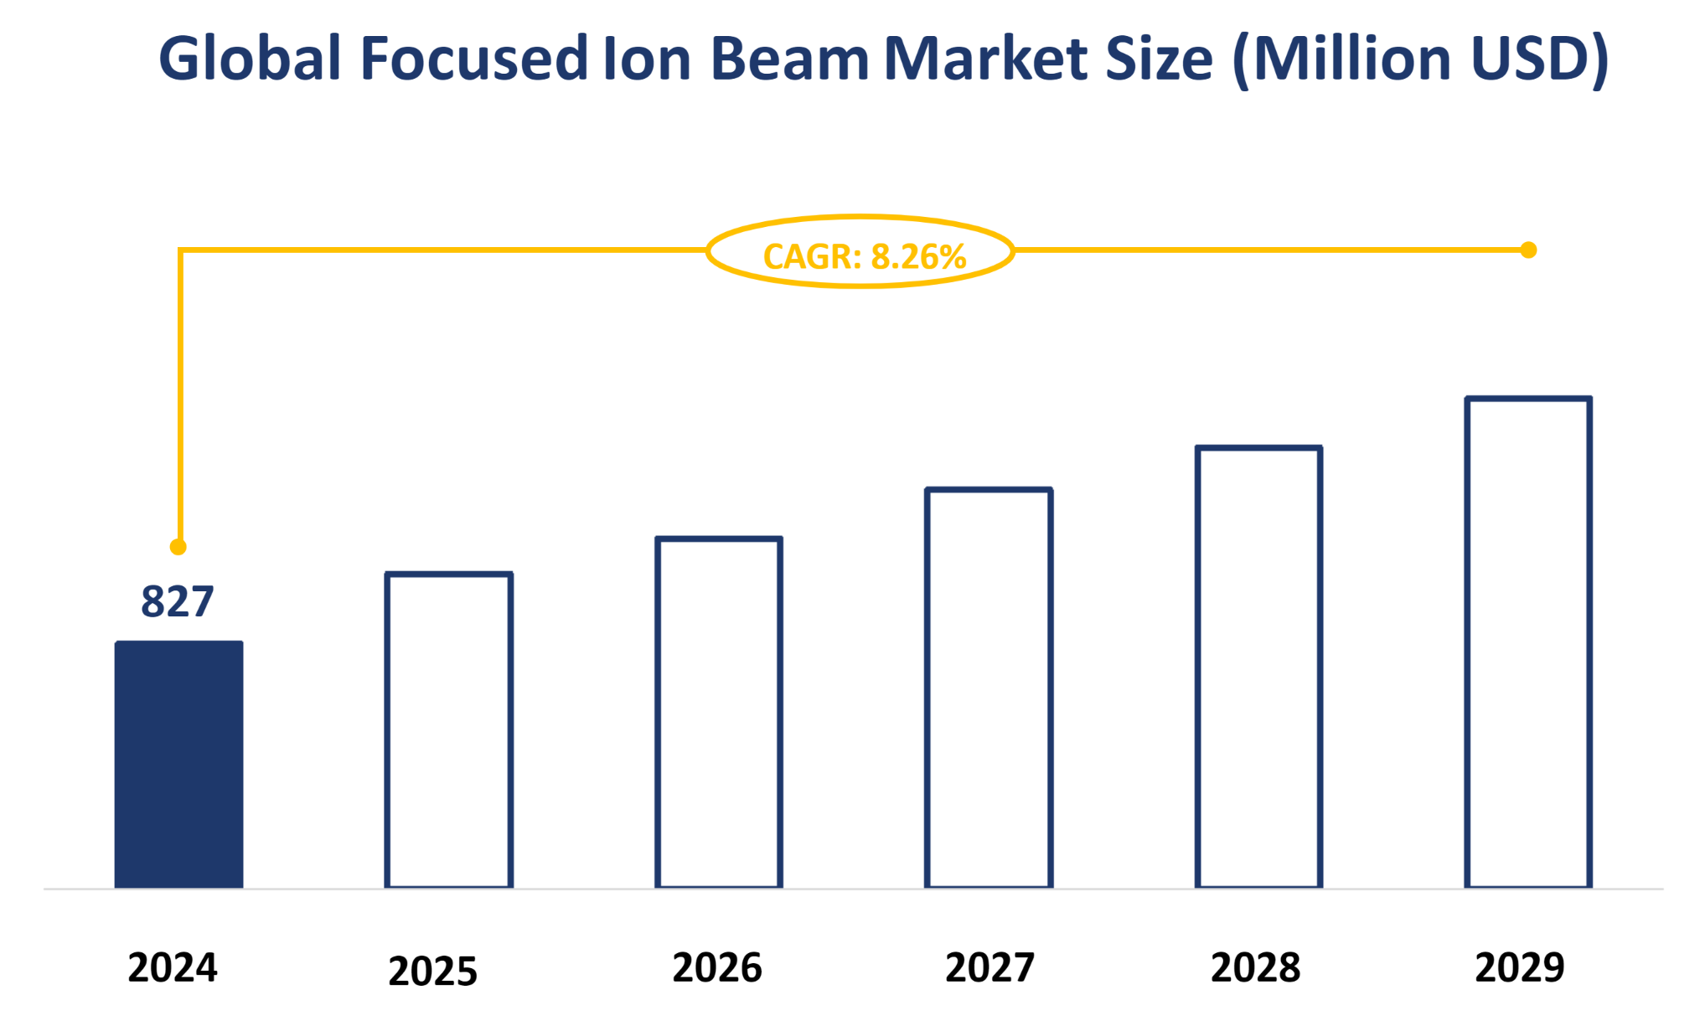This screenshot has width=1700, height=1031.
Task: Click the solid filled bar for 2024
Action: pyautogui.click(x=178, y=764)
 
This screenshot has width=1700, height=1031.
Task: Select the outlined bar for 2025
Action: pyautogui.click(x=449, y=730)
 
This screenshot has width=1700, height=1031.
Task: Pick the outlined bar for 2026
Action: pyautogui.click(x=719, y=713)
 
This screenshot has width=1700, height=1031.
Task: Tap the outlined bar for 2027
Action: pyautogui.click(x=989, y=688)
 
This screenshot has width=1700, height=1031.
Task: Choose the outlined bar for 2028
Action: pyautogui.click(x=1258, y=668)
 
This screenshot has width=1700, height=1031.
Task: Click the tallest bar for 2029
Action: pyautogui.click(x=1528, y=642)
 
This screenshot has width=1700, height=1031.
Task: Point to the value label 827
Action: pyautogui.click(x=178, y=601)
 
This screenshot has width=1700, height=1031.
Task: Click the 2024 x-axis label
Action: pyautogui.click(x=173, y=967)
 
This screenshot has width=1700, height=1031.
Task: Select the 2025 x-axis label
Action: pyautogui.click(x=432, y=972)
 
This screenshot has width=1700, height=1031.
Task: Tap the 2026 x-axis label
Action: pyautogui.click(x=717, y=967)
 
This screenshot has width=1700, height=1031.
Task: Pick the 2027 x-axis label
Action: pyautogui.click(x=990, y=967)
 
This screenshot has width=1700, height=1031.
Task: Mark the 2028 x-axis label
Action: pyautogui.click(x=1255, y=967)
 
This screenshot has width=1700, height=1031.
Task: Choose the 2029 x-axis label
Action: pyautogui.click(x=1519, y=967)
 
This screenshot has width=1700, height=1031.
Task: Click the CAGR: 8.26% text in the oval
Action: pyautogui.click(x=864, y=256)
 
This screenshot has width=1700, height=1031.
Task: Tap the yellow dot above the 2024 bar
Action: pyautogui.click(x=178, y=547)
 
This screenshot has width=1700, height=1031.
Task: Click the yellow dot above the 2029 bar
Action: pyautogui.click(x=1528, y=250)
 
